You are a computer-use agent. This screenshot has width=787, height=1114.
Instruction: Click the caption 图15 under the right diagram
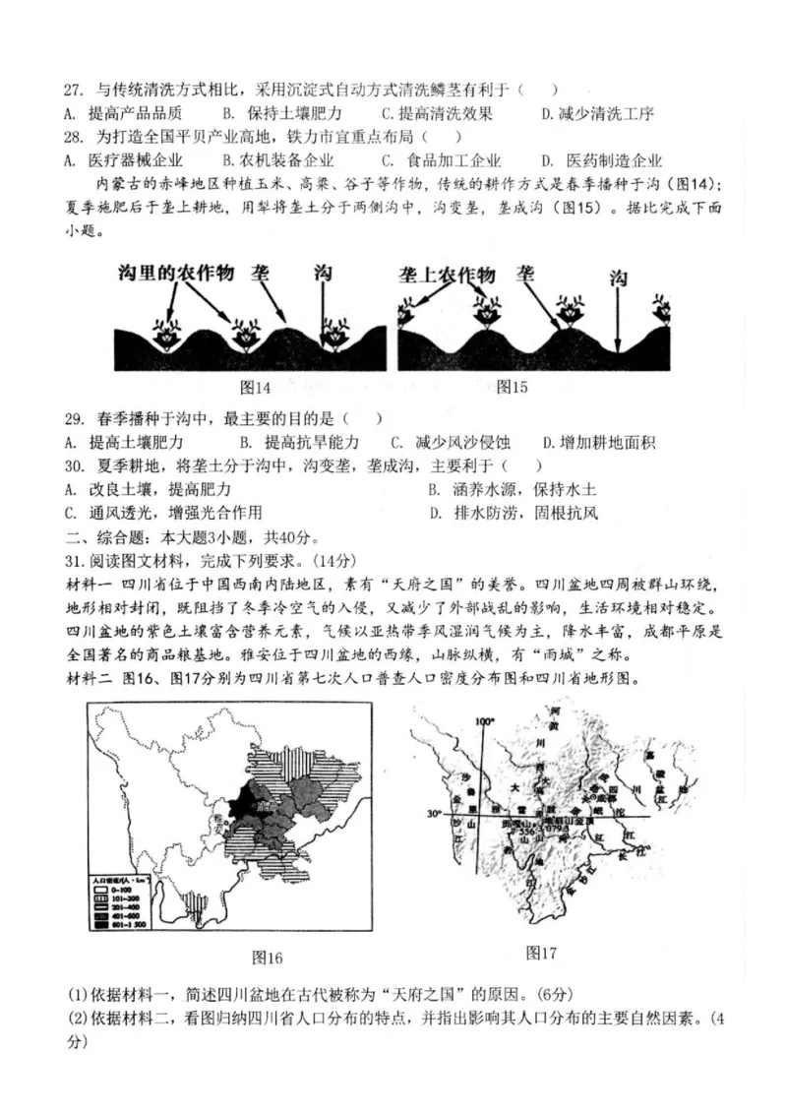pyautogui.click(x=512, y=387)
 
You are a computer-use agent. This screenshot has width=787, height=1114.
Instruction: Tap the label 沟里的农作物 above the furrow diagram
pyautogui.click(x=175, y=274)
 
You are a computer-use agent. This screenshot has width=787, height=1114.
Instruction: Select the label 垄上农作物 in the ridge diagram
pyautogui.click(x=449, y=275)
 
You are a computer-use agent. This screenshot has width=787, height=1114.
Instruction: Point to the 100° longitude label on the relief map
pyautogui.click(x=483, y=721)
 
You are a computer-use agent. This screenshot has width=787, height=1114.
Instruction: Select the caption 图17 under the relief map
pyautogui.click(x=541, y=952)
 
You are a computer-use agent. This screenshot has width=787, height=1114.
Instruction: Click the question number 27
pyautogui.click(x=74, y=91)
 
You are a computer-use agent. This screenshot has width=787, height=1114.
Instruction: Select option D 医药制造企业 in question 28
pyautogui.click(x=602, y=160)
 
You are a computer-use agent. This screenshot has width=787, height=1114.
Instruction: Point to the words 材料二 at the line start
pyautogui.click(x=89, y=679)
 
